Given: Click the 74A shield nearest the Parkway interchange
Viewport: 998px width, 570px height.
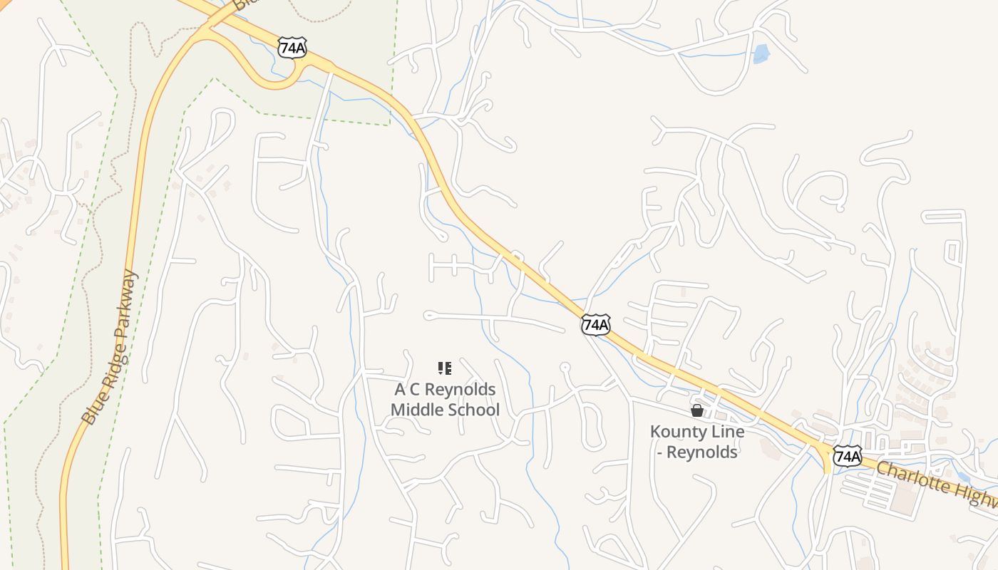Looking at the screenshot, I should point(292,47).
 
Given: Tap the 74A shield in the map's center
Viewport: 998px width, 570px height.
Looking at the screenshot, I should point(595,325).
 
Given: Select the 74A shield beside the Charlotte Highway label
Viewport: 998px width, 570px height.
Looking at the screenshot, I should point(848,456).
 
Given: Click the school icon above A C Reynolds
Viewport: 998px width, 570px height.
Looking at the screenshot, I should point(444,368).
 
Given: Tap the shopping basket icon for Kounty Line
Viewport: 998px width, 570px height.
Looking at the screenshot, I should point(697,410).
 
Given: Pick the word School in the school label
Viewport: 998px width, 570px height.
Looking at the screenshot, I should point(473,410).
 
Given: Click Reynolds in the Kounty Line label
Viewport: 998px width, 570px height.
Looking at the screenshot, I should point(706,452).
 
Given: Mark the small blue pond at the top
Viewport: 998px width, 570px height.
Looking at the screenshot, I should point(761,54).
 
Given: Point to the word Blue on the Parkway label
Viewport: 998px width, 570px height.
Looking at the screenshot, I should point(91,413).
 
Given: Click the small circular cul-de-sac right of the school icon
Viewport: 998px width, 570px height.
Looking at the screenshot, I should point(565,368).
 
